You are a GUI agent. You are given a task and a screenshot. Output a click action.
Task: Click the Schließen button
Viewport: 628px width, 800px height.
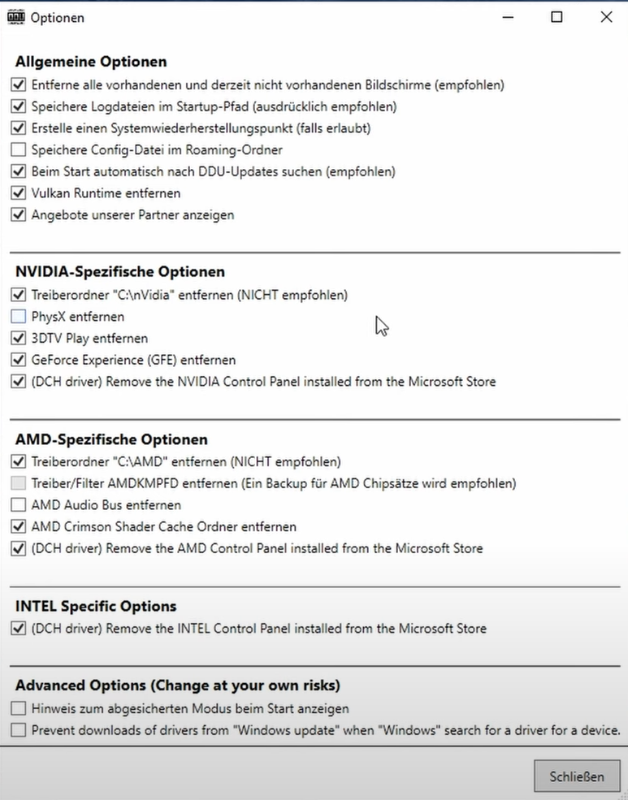click(577, 776)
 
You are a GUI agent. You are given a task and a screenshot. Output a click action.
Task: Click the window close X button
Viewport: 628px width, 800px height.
click(606, 17)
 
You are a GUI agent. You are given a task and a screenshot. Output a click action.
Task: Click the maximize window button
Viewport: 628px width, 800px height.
click(557, 17)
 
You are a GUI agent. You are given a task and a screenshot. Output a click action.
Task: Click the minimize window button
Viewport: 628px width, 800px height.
click(507, 17)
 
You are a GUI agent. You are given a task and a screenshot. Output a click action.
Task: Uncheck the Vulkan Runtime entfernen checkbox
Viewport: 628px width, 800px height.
click(19, 193)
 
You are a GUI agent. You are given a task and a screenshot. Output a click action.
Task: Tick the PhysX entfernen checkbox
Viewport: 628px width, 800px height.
click(19, 317)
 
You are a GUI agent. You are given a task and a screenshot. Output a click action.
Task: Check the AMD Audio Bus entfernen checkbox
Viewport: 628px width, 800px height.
click(19, 505)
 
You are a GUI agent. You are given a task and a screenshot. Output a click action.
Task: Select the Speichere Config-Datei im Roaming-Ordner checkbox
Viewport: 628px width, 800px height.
click(19, 149)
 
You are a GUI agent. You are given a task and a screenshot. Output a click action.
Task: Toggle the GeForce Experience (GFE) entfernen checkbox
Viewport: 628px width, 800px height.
click(19, 360)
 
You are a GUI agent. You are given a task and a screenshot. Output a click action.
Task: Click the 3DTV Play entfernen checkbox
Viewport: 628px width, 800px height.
click(19, 338)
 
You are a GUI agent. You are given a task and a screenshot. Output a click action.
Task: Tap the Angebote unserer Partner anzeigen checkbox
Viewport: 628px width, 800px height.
click(19, 215)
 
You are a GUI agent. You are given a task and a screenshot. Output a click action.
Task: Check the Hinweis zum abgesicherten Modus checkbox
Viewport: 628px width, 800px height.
click(19, 708)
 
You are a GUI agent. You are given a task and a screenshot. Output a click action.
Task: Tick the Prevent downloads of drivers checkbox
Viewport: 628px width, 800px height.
click(19, 730)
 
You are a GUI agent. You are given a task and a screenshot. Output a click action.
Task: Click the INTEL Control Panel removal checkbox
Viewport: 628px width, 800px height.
click(19, 628)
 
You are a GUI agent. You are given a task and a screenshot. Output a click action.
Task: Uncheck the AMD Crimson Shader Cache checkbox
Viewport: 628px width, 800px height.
click(19, 526)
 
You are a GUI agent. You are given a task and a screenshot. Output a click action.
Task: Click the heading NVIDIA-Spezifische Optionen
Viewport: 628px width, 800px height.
click(120, 272)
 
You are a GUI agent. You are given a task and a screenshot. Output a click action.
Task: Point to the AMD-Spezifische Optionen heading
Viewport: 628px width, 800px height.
click(111, 439)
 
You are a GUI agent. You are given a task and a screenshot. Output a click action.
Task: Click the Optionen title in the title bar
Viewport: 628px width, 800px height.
click(57, 17)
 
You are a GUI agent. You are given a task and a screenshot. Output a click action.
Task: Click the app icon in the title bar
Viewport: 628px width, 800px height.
click(15, 17)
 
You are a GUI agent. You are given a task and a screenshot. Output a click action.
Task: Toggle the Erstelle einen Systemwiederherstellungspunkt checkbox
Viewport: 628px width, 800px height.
click(19, 128)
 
